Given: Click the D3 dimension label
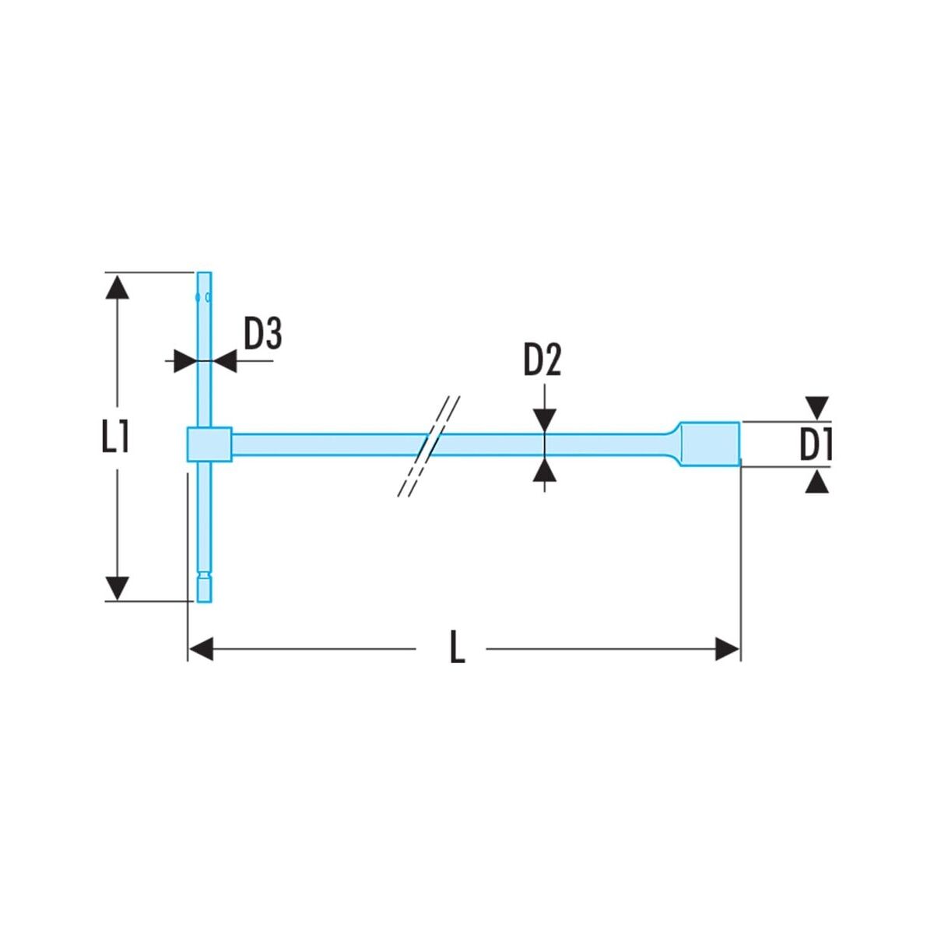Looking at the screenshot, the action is click(x=262, y=334).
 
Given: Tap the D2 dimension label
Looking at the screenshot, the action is click(x=542, y=360).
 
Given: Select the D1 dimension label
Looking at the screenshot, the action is click(x=815, y=444).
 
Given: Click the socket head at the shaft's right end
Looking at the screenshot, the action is click(x=710, y=444).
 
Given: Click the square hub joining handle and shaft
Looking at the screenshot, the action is click(x=209, y=444).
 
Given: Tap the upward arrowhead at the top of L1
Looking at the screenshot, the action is click(x=118, y=286).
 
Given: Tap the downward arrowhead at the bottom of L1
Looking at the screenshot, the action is click(x=118, y=588).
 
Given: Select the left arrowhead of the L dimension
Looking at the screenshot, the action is click(x=201, y=648).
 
